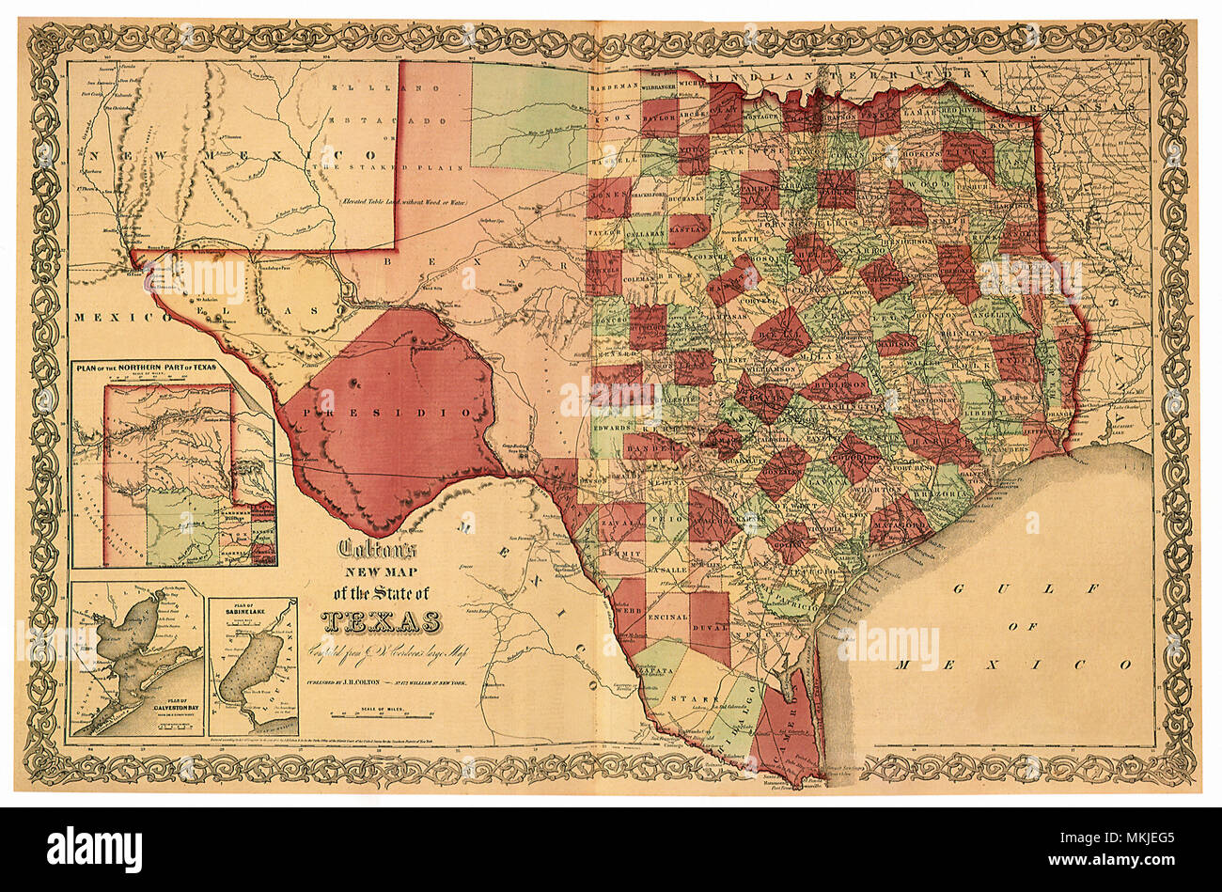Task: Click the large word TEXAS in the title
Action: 382,622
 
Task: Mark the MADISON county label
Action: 897,345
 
